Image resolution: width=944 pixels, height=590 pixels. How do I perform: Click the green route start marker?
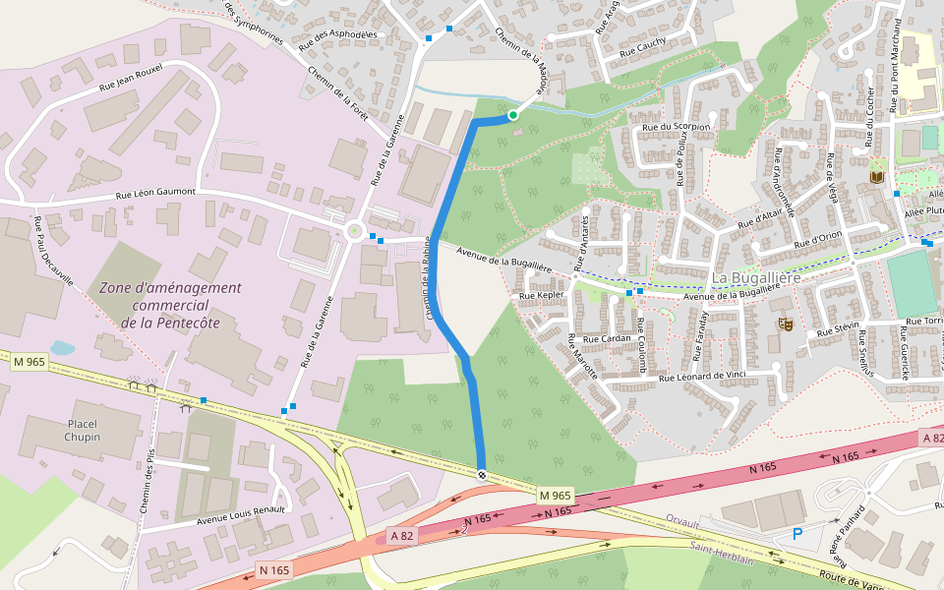513,116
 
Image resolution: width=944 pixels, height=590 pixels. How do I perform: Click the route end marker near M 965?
482,475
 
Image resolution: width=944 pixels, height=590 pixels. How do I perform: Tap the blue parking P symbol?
797,534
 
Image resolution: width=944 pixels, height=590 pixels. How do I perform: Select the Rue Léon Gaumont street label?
156,194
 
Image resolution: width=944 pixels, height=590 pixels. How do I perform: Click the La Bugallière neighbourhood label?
757,278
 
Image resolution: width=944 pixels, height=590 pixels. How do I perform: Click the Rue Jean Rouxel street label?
131,78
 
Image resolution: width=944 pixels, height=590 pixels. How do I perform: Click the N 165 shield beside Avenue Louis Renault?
274,570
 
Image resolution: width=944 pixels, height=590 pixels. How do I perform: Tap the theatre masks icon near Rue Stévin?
785,324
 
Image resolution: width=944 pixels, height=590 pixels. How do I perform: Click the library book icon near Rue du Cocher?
877,177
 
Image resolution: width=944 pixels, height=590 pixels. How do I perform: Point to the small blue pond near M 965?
61,348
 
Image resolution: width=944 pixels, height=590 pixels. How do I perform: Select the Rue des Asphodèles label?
338,40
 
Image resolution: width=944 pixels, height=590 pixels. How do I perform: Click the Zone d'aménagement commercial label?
170,304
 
